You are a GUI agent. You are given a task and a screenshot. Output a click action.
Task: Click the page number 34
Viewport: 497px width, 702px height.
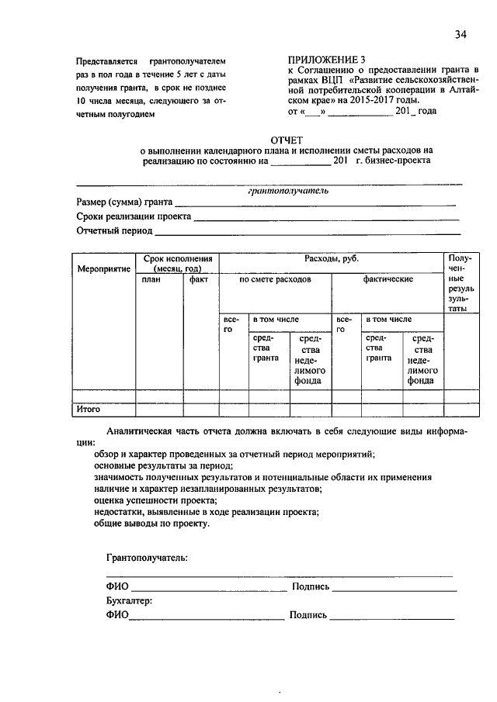pos(461,33)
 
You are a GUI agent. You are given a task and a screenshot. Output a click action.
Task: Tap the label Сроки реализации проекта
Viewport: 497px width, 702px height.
pos(133,216)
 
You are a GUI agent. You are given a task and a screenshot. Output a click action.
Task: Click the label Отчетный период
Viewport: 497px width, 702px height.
pos(113,230)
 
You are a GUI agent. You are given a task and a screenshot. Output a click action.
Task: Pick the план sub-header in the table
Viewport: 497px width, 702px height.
pos(151,279)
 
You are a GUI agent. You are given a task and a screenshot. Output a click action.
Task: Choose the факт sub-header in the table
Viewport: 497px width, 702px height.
pos(199,279)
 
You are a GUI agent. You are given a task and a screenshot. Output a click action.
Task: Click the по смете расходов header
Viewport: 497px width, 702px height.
pos(275,279)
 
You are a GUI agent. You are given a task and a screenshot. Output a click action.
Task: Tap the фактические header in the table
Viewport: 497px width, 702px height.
pos(388,279)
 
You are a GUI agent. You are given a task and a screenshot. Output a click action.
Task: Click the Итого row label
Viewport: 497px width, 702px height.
pos(89,408)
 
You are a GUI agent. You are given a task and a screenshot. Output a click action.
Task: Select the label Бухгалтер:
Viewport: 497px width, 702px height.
pos(129,600)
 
